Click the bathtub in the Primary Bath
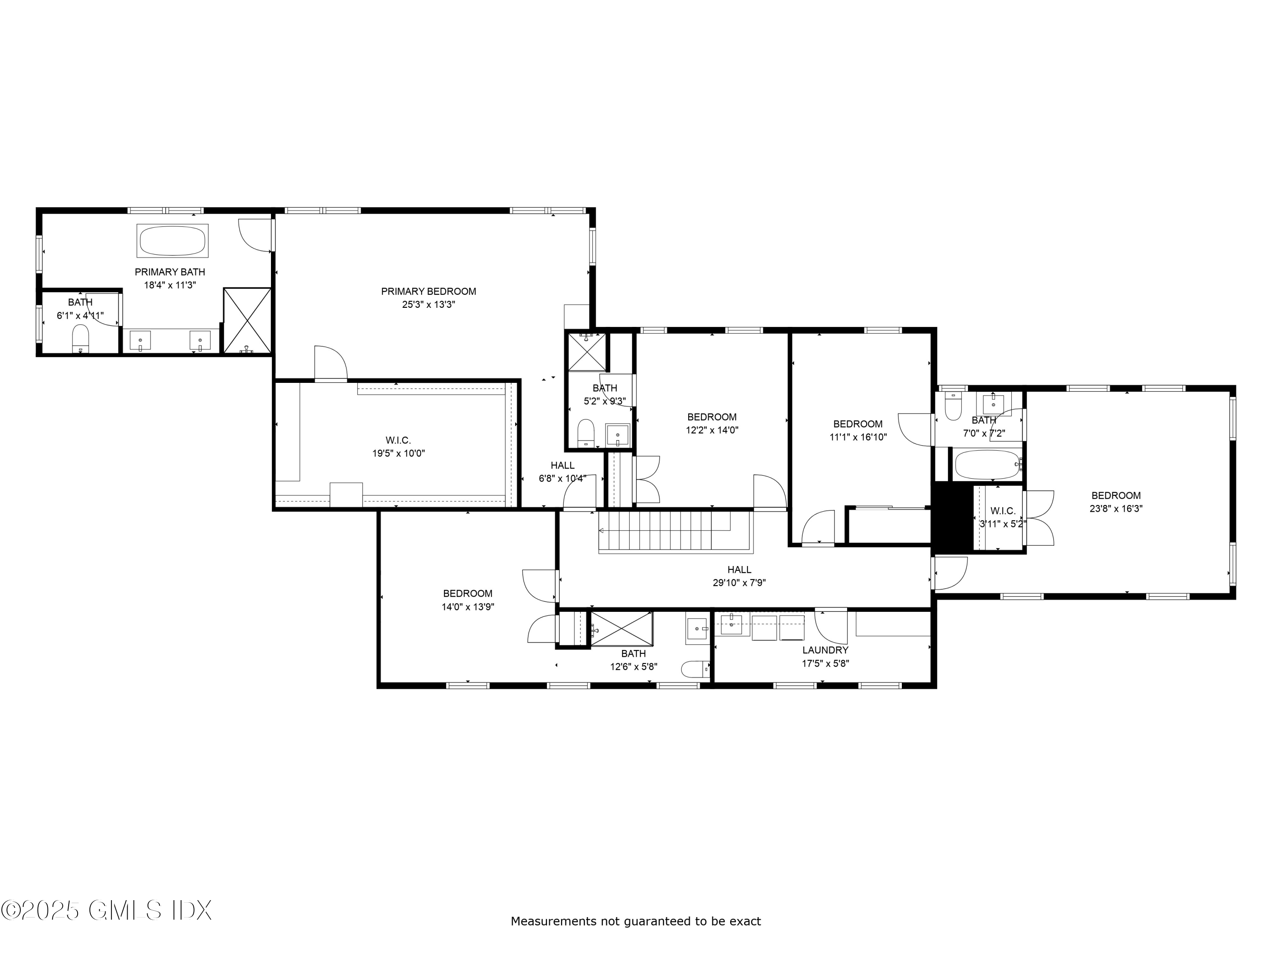pos(172,240)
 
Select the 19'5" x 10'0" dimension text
pos(399,453)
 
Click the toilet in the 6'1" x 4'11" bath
pos(81,338)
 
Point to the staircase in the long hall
pos(673,532)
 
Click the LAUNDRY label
pos(825,650)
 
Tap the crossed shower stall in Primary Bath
pos(247,320)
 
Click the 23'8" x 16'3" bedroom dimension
pos(1116,508)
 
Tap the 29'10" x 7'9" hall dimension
pos(739,583)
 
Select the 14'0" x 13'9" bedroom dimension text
pos(468,607)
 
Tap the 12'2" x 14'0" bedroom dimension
pos(711,430)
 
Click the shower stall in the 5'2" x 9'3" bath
pos(586,352)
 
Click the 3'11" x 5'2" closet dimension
pos(1002,524)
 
